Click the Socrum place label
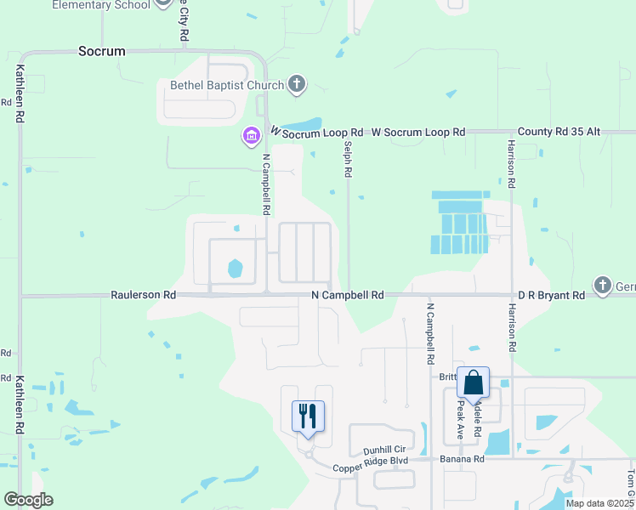click(101, 51)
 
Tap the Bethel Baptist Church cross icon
click(296, 84)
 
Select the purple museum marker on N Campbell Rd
click(250, 136)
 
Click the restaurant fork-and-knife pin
click(308, 416)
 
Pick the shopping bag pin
click(473, 383)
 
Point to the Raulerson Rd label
click(143, 295)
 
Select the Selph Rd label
click(348, 159)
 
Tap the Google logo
click(28, 500)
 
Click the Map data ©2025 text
click(598, 503)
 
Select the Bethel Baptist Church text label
click(219, 85)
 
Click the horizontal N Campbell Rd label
click(348, 295)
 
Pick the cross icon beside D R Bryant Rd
click(603, 285)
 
